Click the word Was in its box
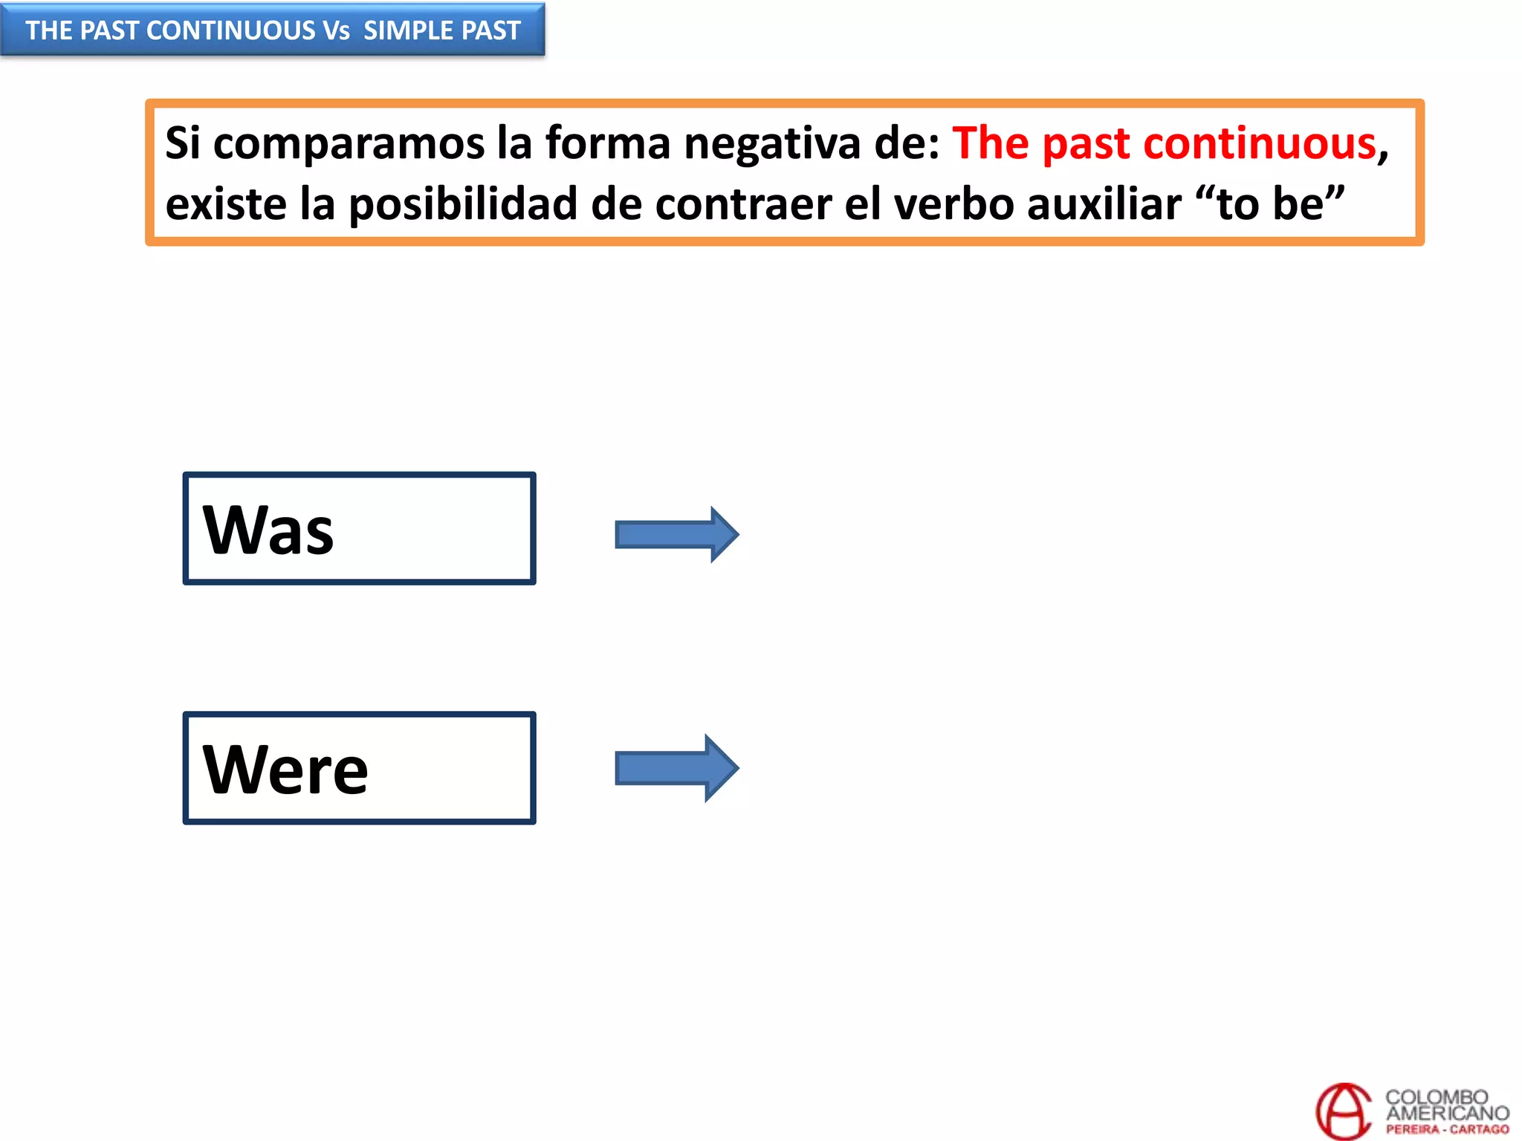click(268, 530)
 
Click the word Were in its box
click(285, 770)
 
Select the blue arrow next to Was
click(676, 535)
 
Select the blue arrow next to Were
click(676, 768)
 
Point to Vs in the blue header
click(336, 30)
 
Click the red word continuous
click(1260, 143)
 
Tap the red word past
click(1086, 144)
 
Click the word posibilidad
click(462, 204)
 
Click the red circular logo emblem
click(1344, 1111)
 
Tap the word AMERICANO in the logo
click(1447, 1113)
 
